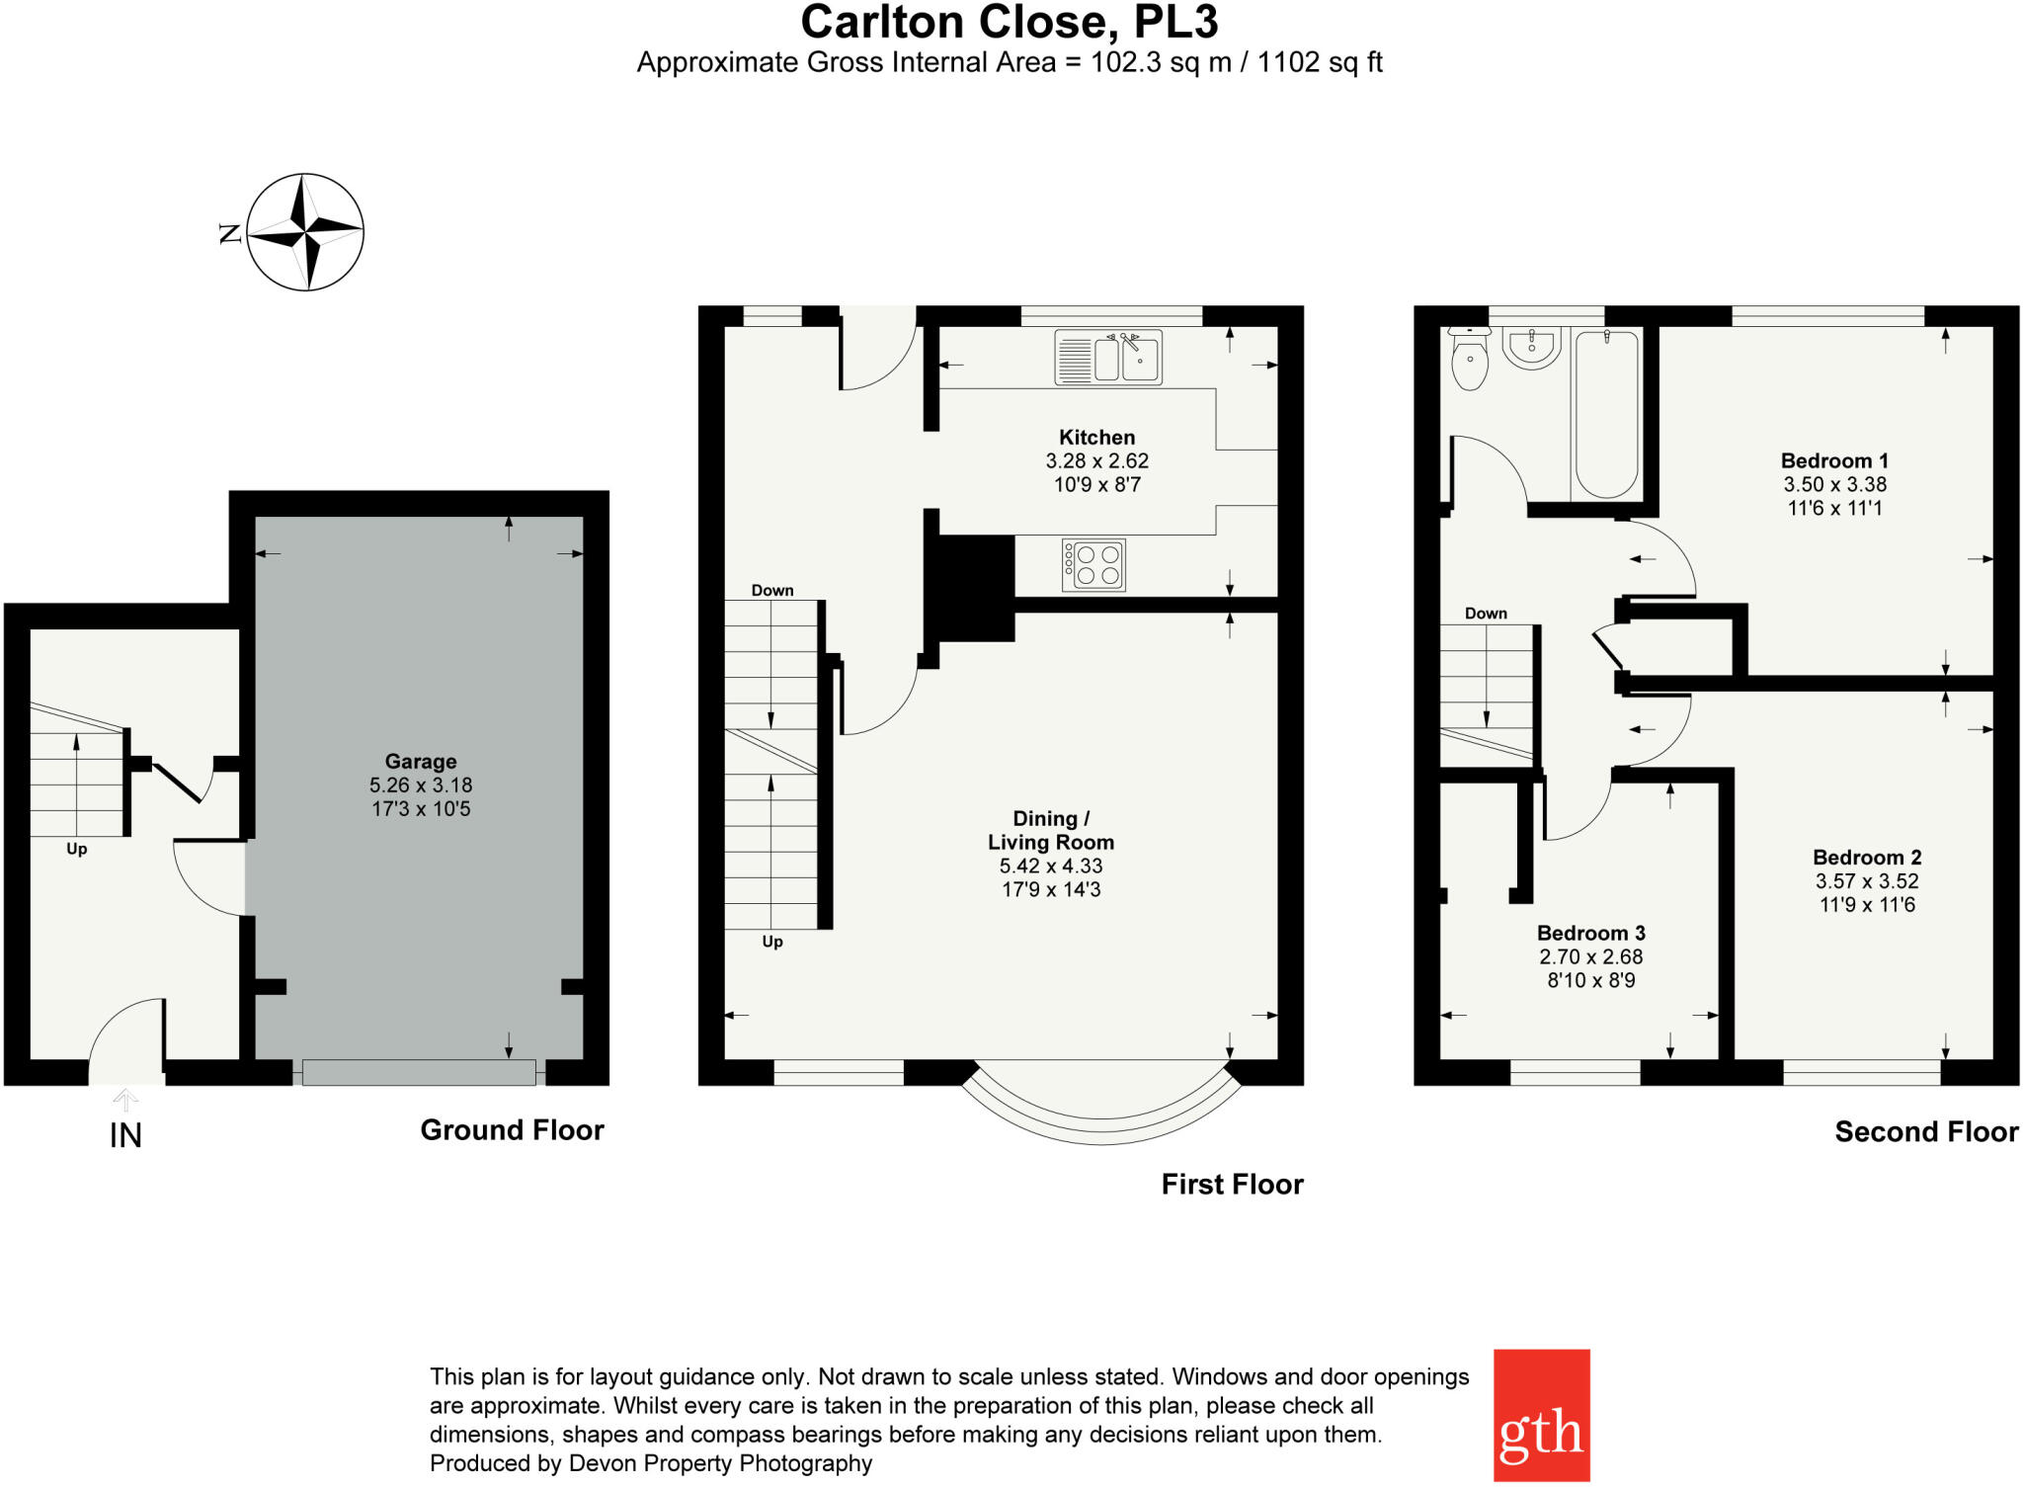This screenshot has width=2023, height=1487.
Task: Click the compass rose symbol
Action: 305,232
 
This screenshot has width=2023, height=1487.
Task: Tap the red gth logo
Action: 1541,1415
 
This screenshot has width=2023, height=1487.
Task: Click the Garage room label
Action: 421,762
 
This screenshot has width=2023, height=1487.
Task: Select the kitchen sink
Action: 1108,357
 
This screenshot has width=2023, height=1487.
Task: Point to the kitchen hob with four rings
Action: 1093,564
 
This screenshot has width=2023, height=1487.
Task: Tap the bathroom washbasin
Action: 1532,347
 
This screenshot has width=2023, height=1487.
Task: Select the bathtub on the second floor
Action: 1606,414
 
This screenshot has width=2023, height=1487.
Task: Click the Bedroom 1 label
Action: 1834,460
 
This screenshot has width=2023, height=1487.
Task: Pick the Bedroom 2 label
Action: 1867,858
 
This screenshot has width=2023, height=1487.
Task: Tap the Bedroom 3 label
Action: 1590,934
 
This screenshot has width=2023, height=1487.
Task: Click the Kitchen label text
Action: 1096,437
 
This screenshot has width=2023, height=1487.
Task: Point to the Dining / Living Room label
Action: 1051,831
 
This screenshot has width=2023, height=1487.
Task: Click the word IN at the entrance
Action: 125,1136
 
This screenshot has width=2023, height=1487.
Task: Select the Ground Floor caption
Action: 512,1130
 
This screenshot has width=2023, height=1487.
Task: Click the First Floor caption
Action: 1232,1185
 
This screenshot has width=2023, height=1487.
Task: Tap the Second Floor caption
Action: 1926,1132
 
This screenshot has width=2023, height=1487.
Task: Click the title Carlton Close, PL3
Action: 1010,22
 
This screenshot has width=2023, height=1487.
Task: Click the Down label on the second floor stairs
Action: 1486,614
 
